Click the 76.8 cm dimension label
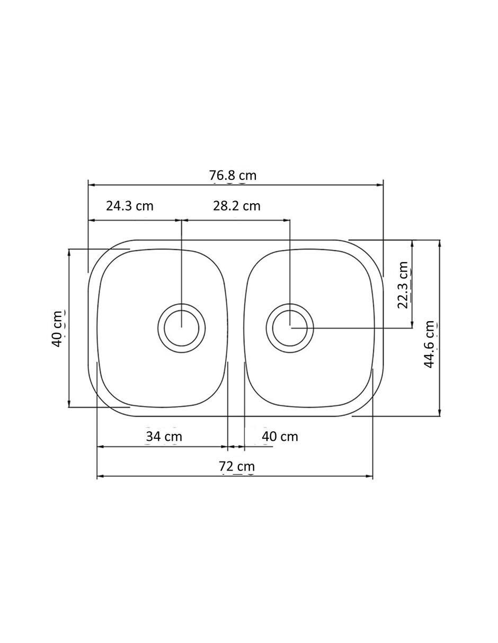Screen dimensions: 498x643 pyautogui.click(x=233, y=176)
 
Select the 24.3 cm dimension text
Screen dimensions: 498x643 pyautogui.click(x=130, y=206)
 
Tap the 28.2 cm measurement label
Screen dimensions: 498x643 pyautogui.click(x=237, y=206)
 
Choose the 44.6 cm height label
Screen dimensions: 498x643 pyautogui.click(x=429, y=344)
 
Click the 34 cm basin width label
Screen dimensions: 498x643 pyautogui.click(x=164, y=437)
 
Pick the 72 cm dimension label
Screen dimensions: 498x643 pyautogui.click(x=237, y=466)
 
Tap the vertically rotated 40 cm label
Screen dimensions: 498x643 pyautogui.click(x=57, y=329)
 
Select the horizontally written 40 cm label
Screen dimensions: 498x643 pyautogui.click(x=280, y=437)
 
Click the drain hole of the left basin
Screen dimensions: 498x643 pyautogui.click(x=181, y=328)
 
